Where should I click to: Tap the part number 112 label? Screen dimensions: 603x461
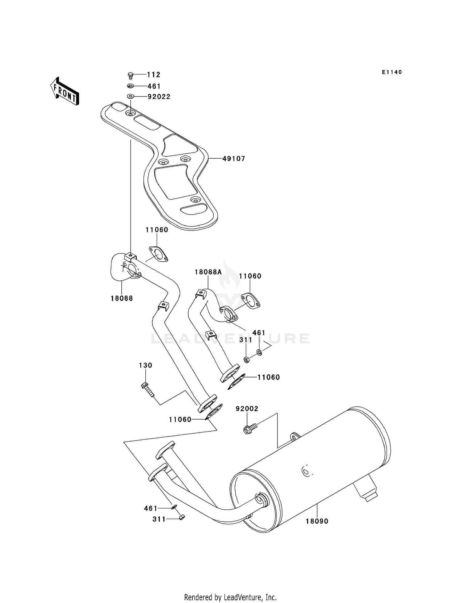point(153,75)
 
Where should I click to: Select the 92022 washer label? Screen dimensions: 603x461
point(159,97)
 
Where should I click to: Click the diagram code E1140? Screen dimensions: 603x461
point(392,72)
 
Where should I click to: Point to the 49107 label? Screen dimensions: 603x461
point(234,159)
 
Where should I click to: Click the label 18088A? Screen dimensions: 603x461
point(208,272)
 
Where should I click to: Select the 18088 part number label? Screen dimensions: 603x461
point(122,298)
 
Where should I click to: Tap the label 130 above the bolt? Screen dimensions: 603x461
point(145,365)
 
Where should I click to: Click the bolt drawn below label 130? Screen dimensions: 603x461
point(148,389)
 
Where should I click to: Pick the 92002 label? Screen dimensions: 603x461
point(247,409)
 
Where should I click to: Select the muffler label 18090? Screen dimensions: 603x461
point(317,521)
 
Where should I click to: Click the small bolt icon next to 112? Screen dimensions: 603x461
point(130,75)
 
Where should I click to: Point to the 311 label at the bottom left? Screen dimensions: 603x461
point(159,519)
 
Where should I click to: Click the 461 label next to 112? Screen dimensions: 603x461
point(154,86)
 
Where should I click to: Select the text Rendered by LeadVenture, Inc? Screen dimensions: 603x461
point(230,597)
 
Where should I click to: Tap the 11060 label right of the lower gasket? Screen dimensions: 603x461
point(268,377)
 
